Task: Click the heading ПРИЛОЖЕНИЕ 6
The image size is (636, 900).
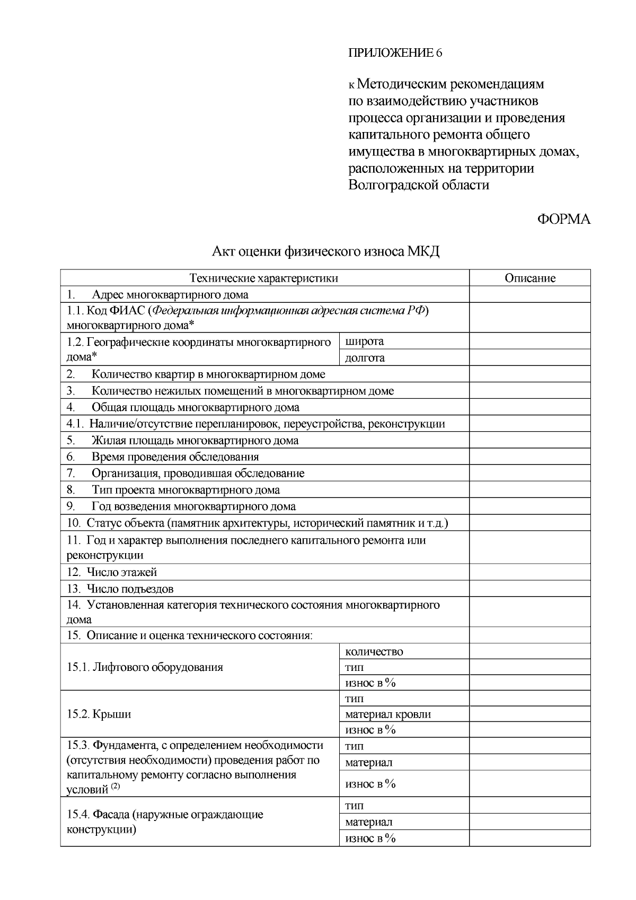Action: pyautogui.click(x=395, y=53)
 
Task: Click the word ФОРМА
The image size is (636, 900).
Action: pyautogui.click(x=563, y=220)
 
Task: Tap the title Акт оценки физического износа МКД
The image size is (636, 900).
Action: pyautogui.click(x=325, y=251)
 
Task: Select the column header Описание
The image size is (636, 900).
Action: pyautogui.click(x=529, y=278)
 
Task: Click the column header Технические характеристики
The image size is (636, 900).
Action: pyautogui.click(x=264, y=278)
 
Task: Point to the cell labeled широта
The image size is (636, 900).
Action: pyautogui.click(x=365, y=341)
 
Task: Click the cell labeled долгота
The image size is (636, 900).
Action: pyautogui.click(x=365, y=358)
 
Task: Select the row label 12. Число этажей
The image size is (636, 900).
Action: pyautogui.click(x=112, y=572)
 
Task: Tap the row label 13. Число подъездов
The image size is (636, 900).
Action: pyautogui.click(x=120, y=589)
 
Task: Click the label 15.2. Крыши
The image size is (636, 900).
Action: pyautogui.click(x=99, y=714)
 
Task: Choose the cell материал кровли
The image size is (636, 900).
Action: pyautogui.click(x=387, y=714)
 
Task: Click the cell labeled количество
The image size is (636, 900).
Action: pyautogui.click(x=374, y=651)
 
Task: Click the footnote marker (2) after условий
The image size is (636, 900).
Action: pyautogui.click(x=116, y=787)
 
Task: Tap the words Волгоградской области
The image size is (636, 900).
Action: pyautogui.click(x=419, y=185)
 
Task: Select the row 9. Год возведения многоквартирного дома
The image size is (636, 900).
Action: pyautogui.click(x=181, y=506)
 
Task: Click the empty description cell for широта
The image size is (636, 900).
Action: pyautogui.click(x=529, y=341)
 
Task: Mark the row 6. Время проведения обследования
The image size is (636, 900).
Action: pyautogui.click(x=163, y=457)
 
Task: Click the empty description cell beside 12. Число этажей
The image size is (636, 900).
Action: pyautogui.click(x=529, y=572)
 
